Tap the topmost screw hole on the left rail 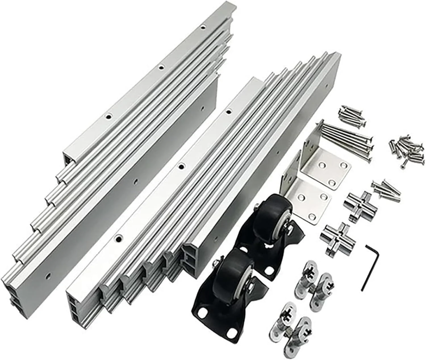(202, 28)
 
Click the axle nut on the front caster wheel (250, 287)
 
